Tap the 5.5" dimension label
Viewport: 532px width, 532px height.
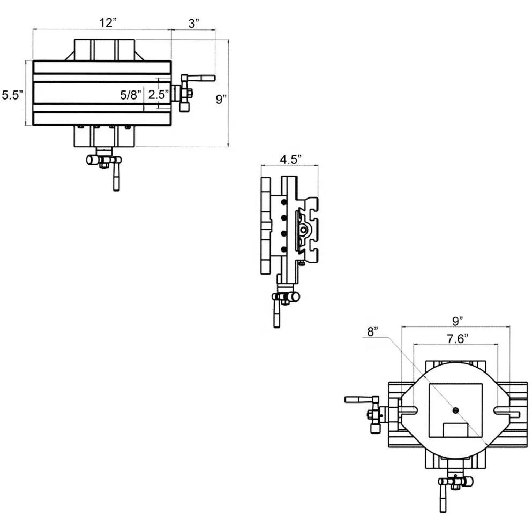(x=12, y=95)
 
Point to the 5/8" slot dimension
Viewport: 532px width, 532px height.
(x=131, y=95)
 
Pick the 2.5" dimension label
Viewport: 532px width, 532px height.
(x=159, y=95)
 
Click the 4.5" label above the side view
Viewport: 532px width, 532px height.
(x=291, y=158)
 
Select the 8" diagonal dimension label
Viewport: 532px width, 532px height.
(x=372, y=331)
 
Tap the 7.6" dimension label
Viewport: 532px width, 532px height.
(x=456, y=338)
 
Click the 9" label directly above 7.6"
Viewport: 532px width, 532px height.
(x=457, y=321)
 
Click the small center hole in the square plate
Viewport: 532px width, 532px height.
(x=455, y=410)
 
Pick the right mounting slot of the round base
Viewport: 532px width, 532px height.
(x=506, y=411)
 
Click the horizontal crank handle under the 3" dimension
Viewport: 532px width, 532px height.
(x=201, y=78)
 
